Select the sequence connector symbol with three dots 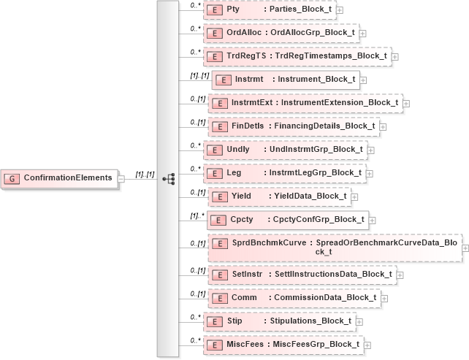[x=169, y=178]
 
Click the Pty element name [x=234, y=10]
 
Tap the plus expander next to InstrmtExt [x=406, y=103]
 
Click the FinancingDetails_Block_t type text [x=324, y=126]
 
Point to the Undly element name [x=238, y=150]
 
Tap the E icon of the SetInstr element [x=216, y=275]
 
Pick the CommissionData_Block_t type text [x=325, y=298]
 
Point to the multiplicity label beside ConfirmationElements [x=145, y=175]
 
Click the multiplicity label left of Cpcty [x=195, y=215]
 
